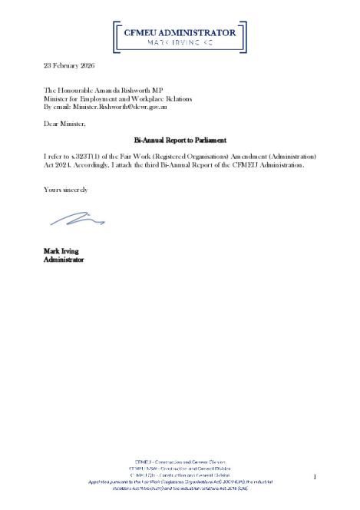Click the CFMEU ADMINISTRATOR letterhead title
(x=180, y=32)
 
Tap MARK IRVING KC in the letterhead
(x=180, y=45)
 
